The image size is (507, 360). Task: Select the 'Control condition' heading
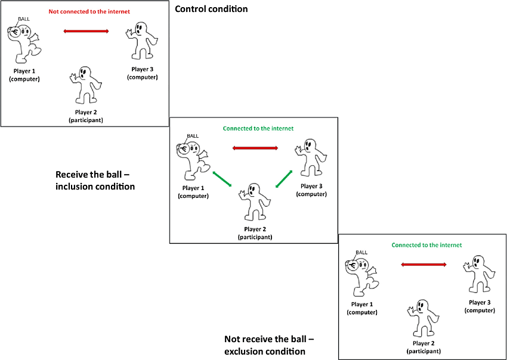pos(211,9)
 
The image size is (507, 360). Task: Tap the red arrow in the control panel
pos(86,31)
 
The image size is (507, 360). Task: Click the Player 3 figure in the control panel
pos(142,42)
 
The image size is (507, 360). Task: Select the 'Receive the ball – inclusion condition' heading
pos(95,181)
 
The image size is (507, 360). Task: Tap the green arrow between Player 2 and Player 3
pos(283,179)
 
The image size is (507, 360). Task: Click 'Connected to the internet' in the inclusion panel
pos(258,128)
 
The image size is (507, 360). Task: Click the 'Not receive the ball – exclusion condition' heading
pos(269,345)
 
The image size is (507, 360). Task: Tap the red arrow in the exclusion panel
pos(424,264)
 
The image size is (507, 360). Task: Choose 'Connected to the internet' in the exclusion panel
pos(426,245)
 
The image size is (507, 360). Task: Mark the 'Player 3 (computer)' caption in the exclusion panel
pos(480,306)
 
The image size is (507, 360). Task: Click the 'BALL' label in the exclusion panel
pos(361,252)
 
